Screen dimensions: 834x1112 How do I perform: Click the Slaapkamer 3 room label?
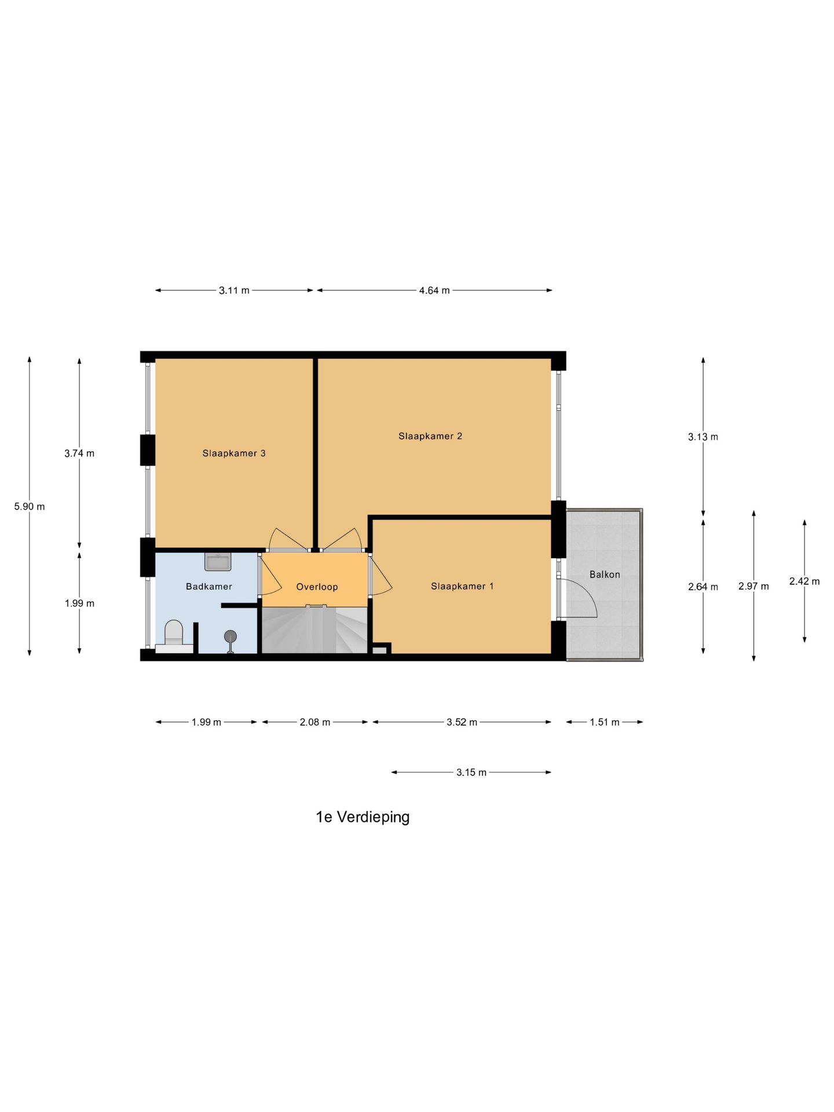pos(234,453)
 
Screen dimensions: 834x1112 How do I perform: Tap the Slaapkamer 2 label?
pos(430,436)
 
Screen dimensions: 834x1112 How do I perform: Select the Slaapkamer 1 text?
pos(462,586)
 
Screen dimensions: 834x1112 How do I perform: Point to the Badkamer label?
pos(209,587)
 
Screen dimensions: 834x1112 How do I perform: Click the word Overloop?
pos(317,587)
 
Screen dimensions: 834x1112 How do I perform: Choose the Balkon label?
pos(605,575)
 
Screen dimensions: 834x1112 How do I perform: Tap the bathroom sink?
pos(218,562)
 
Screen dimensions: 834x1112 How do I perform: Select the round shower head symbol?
pos(231,636)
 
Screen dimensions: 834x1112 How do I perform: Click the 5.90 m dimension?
pos(30,507)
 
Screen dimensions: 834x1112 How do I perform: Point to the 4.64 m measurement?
pos(434,291)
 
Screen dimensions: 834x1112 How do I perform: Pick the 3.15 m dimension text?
pos(471,772)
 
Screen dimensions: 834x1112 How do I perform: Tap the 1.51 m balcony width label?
pos(605,722)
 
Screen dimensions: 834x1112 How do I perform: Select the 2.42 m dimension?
pos(804,581)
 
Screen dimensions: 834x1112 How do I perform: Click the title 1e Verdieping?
pos(363,817)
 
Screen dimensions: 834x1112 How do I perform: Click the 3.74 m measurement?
pos(79,453)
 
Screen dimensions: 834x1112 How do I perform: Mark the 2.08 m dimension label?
pos(315,722)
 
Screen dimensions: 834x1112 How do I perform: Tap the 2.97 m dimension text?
pos(753,586)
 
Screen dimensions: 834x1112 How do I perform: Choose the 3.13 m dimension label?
pos(703,437)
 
